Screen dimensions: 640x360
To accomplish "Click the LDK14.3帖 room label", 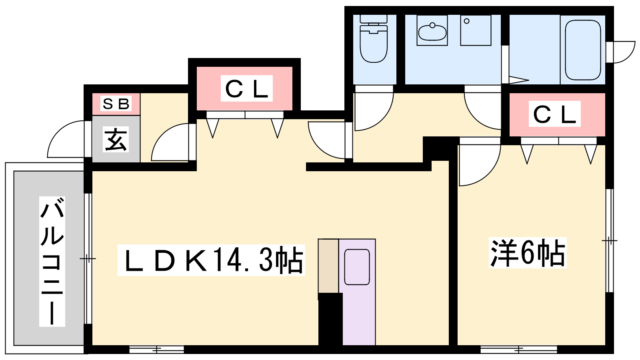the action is coord(212,260).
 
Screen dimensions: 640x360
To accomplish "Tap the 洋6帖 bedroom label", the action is coord(528,252).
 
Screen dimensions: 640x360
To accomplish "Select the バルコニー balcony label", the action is coord(52,262).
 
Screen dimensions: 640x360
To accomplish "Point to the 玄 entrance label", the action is coord(116,139).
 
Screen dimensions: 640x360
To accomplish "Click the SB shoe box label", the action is coord(116,104).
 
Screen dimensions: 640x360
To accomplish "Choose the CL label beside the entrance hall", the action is coord(246,88).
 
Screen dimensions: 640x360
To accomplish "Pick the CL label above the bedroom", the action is coord(554,114).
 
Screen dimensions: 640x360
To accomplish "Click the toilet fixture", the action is coord(374,39).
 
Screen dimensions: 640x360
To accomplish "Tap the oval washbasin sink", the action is coord(432,32).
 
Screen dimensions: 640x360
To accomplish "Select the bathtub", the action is coord(583,50).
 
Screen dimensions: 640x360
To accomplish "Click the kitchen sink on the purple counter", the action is coord(357,267).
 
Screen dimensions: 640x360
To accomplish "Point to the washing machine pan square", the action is coord(476,30).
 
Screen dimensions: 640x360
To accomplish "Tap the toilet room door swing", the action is coord(374,112).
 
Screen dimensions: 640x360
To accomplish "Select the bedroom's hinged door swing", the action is coord(480,165).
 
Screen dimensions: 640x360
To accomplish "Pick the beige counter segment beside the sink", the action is coord(328,266).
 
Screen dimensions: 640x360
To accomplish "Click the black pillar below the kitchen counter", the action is coord(330,319).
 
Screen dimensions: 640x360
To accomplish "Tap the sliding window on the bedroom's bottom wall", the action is coord(518,350).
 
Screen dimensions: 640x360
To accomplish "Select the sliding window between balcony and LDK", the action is coord(88,258).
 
